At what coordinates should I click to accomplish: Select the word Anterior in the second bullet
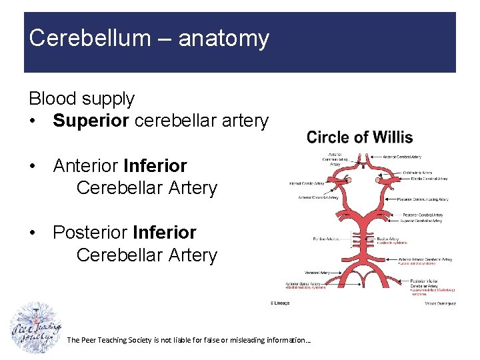[85, 165]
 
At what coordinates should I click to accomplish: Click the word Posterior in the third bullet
[90, 233]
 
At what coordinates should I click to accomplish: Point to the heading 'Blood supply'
[81, 99]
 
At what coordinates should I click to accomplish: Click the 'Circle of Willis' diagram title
[359, 138]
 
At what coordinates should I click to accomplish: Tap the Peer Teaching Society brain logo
[37, 329]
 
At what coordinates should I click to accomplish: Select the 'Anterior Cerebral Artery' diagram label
[419, 157]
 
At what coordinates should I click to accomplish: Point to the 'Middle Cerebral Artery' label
[425, 179]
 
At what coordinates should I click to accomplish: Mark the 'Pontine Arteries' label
[326, 239]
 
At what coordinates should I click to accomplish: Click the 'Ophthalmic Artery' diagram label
[421, 172]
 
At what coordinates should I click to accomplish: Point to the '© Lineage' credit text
[280, 303]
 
